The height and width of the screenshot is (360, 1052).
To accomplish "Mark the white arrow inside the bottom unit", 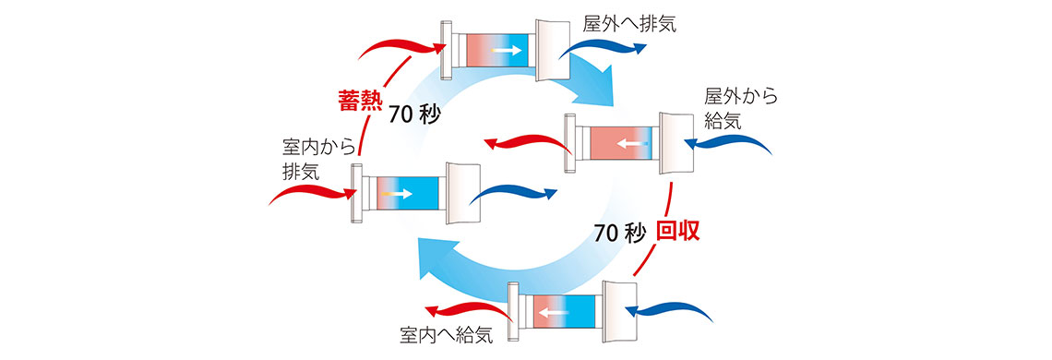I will [x=554, y=311].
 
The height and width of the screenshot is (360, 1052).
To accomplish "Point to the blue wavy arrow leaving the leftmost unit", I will [x=517, y=193].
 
